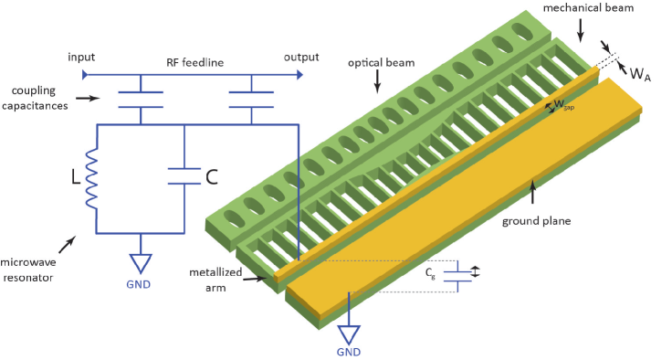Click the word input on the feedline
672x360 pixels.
click(81, 58)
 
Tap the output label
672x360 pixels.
click(301, 58)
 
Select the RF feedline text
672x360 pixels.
click(195, 63)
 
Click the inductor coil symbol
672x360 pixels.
click(91, 178)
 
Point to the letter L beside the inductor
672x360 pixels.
click(76, 176)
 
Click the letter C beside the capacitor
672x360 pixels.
click(212, 176)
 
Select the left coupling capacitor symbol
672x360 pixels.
click(141, 100)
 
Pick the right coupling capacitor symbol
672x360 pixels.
click(252, 100)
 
